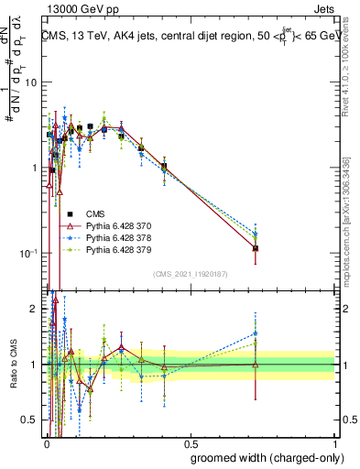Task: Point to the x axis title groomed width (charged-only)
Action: pyautogui.click(x=261, y=457)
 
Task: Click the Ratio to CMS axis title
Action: pyautogui.click(x=12, y=365)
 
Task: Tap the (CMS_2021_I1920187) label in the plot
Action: pyautogui.click(x=189, y=274)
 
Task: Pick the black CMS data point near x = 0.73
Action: pyautogui.click(x=256, y=248)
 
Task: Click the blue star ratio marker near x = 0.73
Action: pyautogui.click(x=256, y=333)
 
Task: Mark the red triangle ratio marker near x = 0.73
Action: pyautogui.click(x=256, y=365)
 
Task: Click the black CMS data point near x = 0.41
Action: pyautogui.click(x=164, y=167)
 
